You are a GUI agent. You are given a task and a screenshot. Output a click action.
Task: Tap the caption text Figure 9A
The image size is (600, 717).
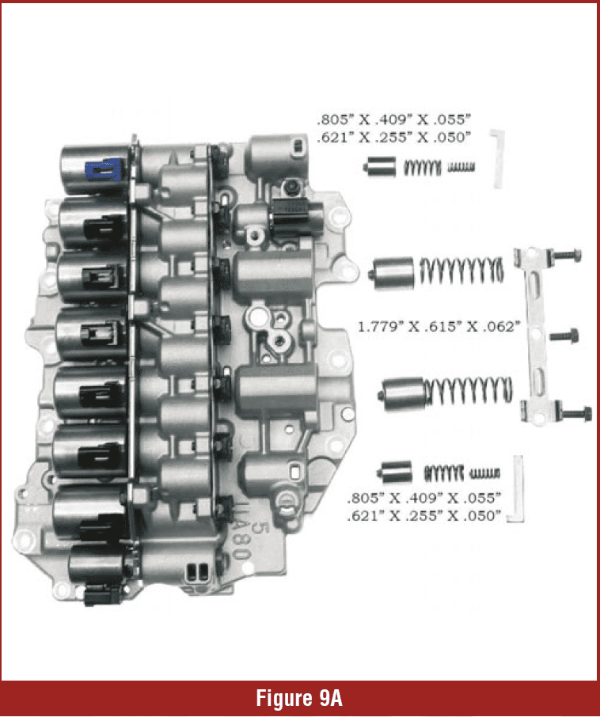299,698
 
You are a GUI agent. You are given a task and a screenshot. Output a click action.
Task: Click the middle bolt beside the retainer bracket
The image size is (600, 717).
564,336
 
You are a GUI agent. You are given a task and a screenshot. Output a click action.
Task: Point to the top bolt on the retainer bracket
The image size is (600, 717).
566,255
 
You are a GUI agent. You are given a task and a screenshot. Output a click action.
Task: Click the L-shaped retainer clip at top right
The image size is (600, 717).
497,157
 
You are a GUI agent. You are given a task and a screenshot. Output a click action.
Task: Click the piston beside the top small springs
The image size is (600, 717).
380,167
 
